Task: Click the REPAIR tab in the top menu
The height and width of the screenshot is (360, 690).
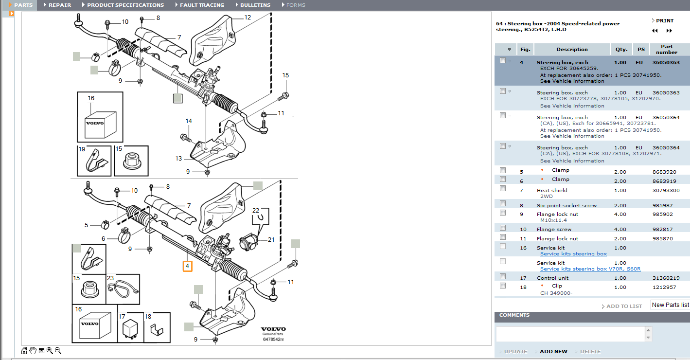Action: pyautogui.click(x=59, y=5)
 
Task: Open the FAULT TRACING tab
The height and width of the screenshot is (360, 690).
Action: pyautogui.click(x=202, y=5)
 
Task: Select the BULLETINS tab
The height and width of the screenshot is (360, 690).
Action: pyautogui.click(x=255, y=5)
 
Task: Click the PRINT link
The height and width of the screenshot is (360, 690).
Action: pyautogui.click(x=664, y=20)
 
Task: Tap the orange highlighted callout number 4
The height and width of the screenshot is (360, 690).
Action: pyautogui.click(x=187, y=266)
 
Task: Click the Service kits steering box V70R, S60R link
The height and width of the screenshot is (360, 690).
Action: pyautogui.click(x=590, y=269)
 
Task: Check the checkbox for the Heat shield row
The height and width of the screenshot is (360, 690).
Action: pyautogui.click(x=503, y=188)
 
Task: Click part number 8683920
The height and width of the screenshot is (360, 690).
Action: pyautogui.click(x=664, y=172)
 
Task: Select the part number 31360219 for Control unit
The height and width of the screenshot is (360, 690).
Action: pyautogui.click(x=666, y=278)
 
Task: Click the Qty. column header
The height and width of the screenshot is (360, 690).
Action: pyautogui.click(x=621, y=49)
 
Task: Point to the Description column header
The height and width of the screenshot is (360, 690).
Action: pyautogui.click(x=572, y=49)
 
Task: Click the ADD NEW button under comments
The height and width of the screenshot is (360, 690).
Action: pyautogui.click(x=553, y=351)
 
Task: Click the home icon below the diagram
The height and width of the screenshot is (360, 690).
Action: pyautogui.click(x=24, y=351)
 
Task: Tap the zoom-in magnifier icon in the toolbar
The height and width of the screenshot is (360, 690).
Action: pyautogui.click(x=50, y=351)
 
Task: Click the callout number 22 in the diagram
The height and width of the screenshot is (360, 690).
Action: pyautogui.click(x=256, y=211)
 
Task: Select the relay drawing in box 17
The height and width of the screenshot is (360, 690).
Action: pyautogui.click(x=130, y=330)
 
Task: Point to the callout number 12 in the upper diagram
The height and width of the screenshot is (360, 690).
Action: pyautogui.click(x=248, y=18)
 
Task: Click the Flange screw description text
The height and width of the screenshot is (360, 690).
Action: pyautogui.click(x=554, y=229)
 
